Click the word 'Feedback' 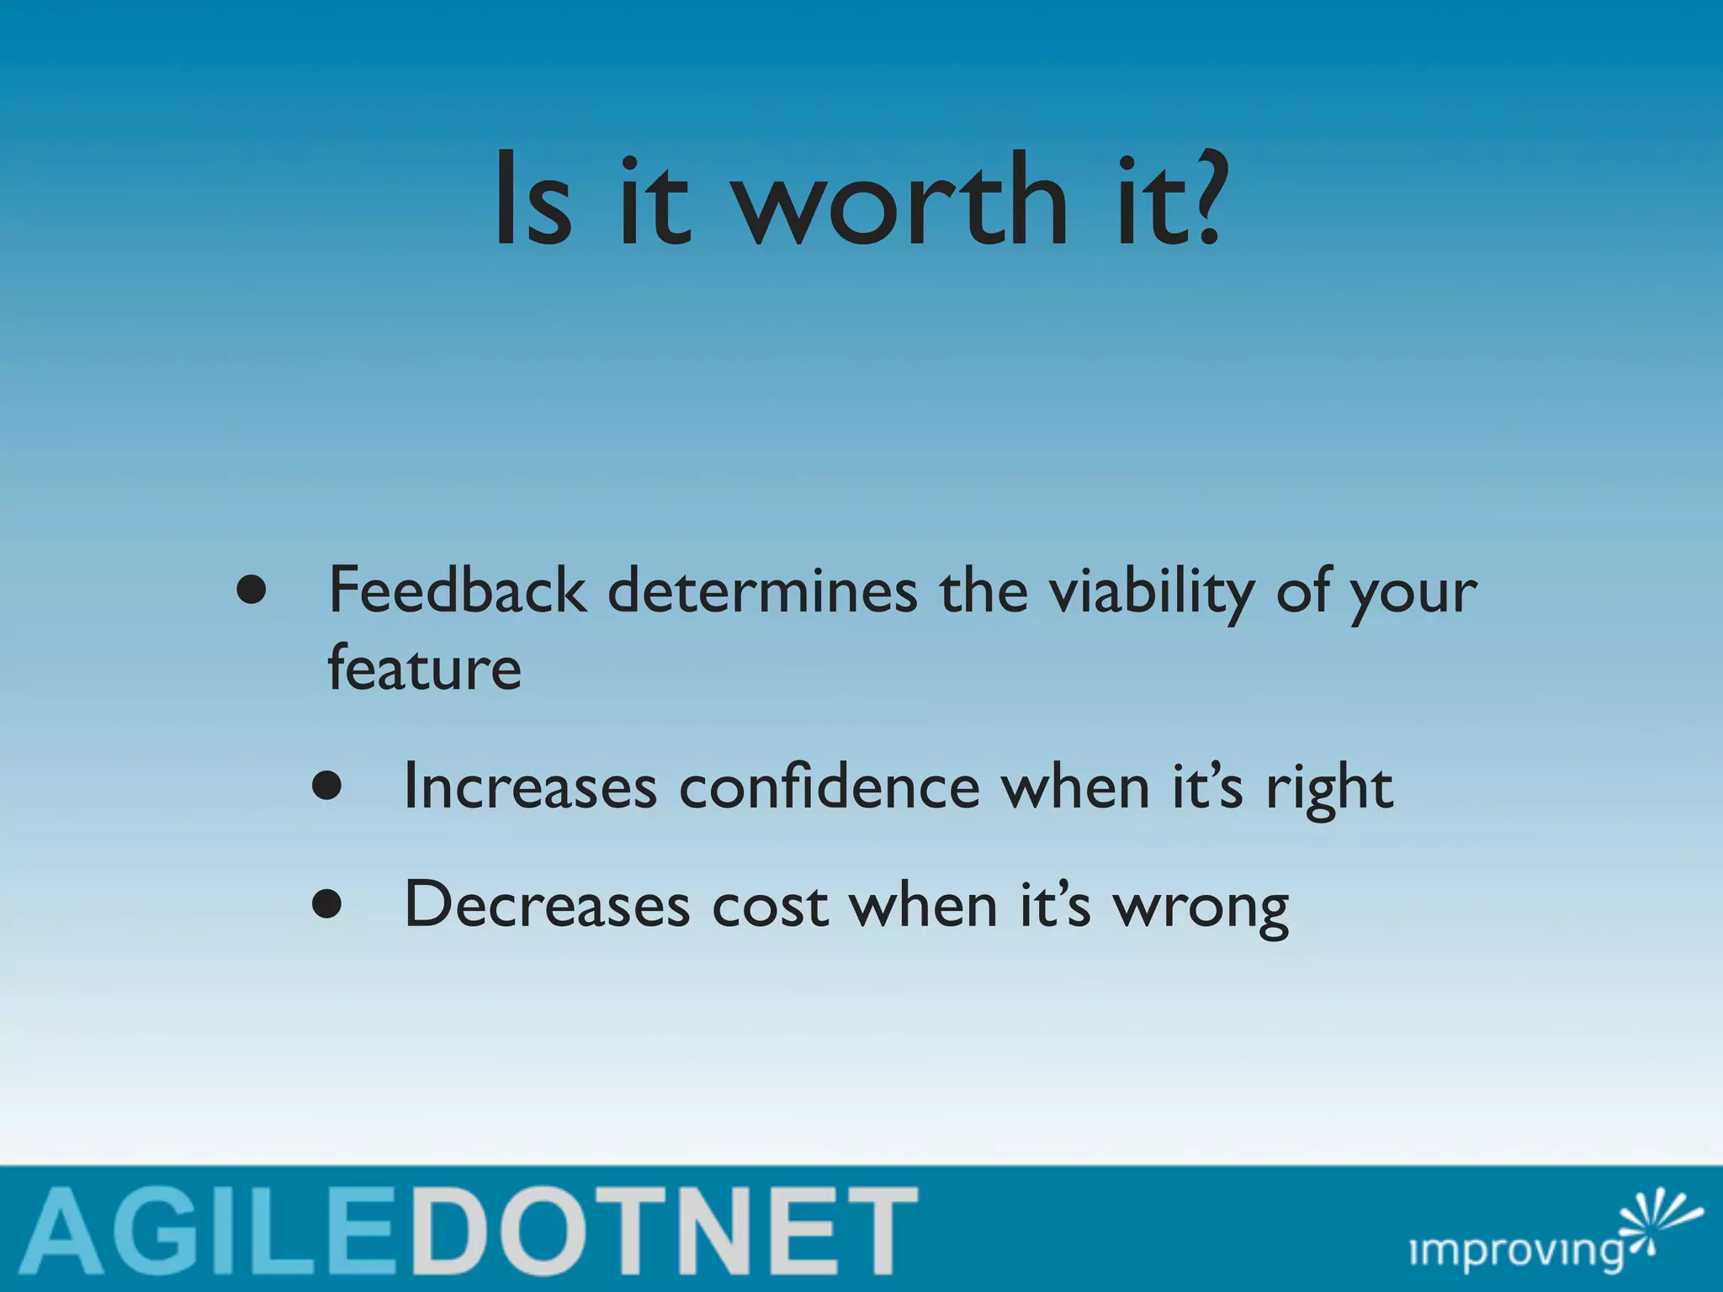[457, 590]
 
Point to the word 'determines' [762, 590]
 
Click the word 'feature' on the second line [425, 669]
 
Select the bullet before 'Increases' [326, 786]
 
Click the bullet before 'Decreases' [326, 905]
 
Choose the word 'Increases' [530, 787]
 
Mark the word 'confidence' [830, 787]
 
